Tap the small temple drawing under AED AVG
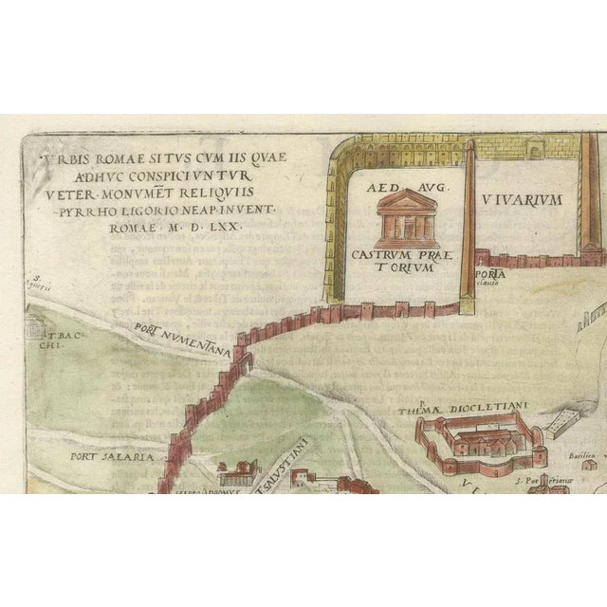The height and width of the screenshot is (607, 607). point(402,217)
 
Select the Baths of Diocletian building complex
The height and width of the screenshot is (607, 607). point(479,444)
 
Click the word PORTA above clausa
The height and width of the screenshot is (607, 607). point(492,273)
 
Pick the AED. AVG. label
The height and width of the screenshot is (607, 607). point(402,188)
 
